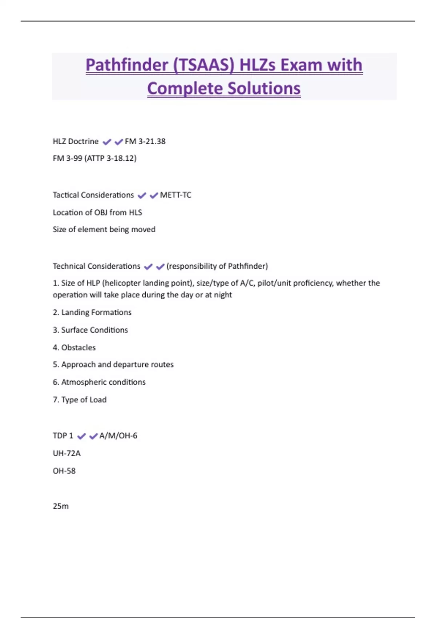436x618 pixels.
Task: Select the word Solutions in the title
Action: [x=264, y=88]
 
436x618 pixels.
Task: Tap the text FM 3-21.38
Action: [x=145, y=141]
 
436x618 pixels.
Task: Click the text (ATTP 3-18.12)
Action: [x=110, y=158]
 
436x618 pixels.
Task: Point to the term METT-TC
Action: [x=175, y=195]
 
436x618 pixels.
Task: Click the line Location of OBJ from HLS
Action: [x=97, y=213]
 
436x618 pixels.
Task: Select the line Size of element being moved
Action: [x=104, y=230]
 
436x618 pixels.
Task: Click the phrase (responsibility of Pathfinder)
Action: [x=217, y=266]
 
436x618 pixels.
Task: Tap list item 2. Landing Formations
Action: [x=92, y=313]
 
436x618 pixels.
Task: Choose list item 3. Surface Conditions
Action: [x=90, y=330]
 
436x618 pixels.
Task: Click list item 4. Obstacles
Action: [x=74, y=348]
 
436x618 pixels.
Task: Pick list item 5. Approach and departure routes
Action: [x=113, y=365]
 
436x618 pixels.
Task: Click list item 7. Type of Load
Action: [x=80, y=400]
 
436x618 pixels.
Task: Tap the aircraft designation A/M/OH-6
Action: [x=118, y=436]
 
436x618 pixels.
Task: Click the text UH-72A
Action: [x=66, y=453]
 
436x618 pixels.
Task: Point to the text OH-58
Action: [x=64, y=471]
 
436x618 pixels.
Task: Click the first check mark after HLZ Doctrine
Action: [x=106, y=142]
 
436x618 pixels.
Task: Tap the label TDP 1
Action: [x=63, y=436]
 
